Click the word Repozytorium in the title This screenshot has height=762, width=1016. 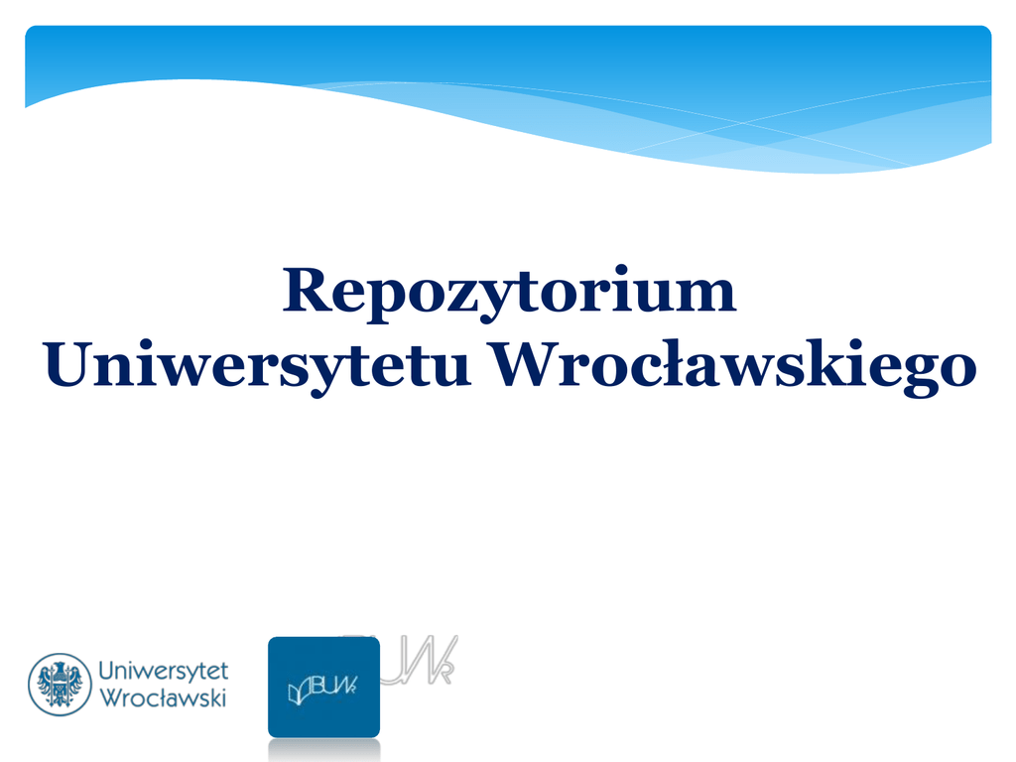click(x=509, y=293)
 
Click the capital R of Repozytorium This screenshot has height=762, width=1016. click(x=306, y=289)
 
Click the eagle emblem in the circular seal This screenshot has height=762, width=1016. click(x=60, y=685)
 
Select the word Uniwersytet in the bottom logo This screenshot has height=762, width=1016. click(x=164, y=672)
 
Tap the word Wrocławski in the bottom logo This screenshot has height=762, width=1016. click(x=163, y=698)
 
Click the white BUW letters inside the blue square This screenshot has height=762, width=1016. click(x=334, y=686)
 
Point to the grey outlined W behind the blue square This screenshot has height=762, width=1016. click(x=431, y=660)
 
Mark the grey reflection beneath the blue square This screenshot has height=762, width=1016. click(x=324, y=750)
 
